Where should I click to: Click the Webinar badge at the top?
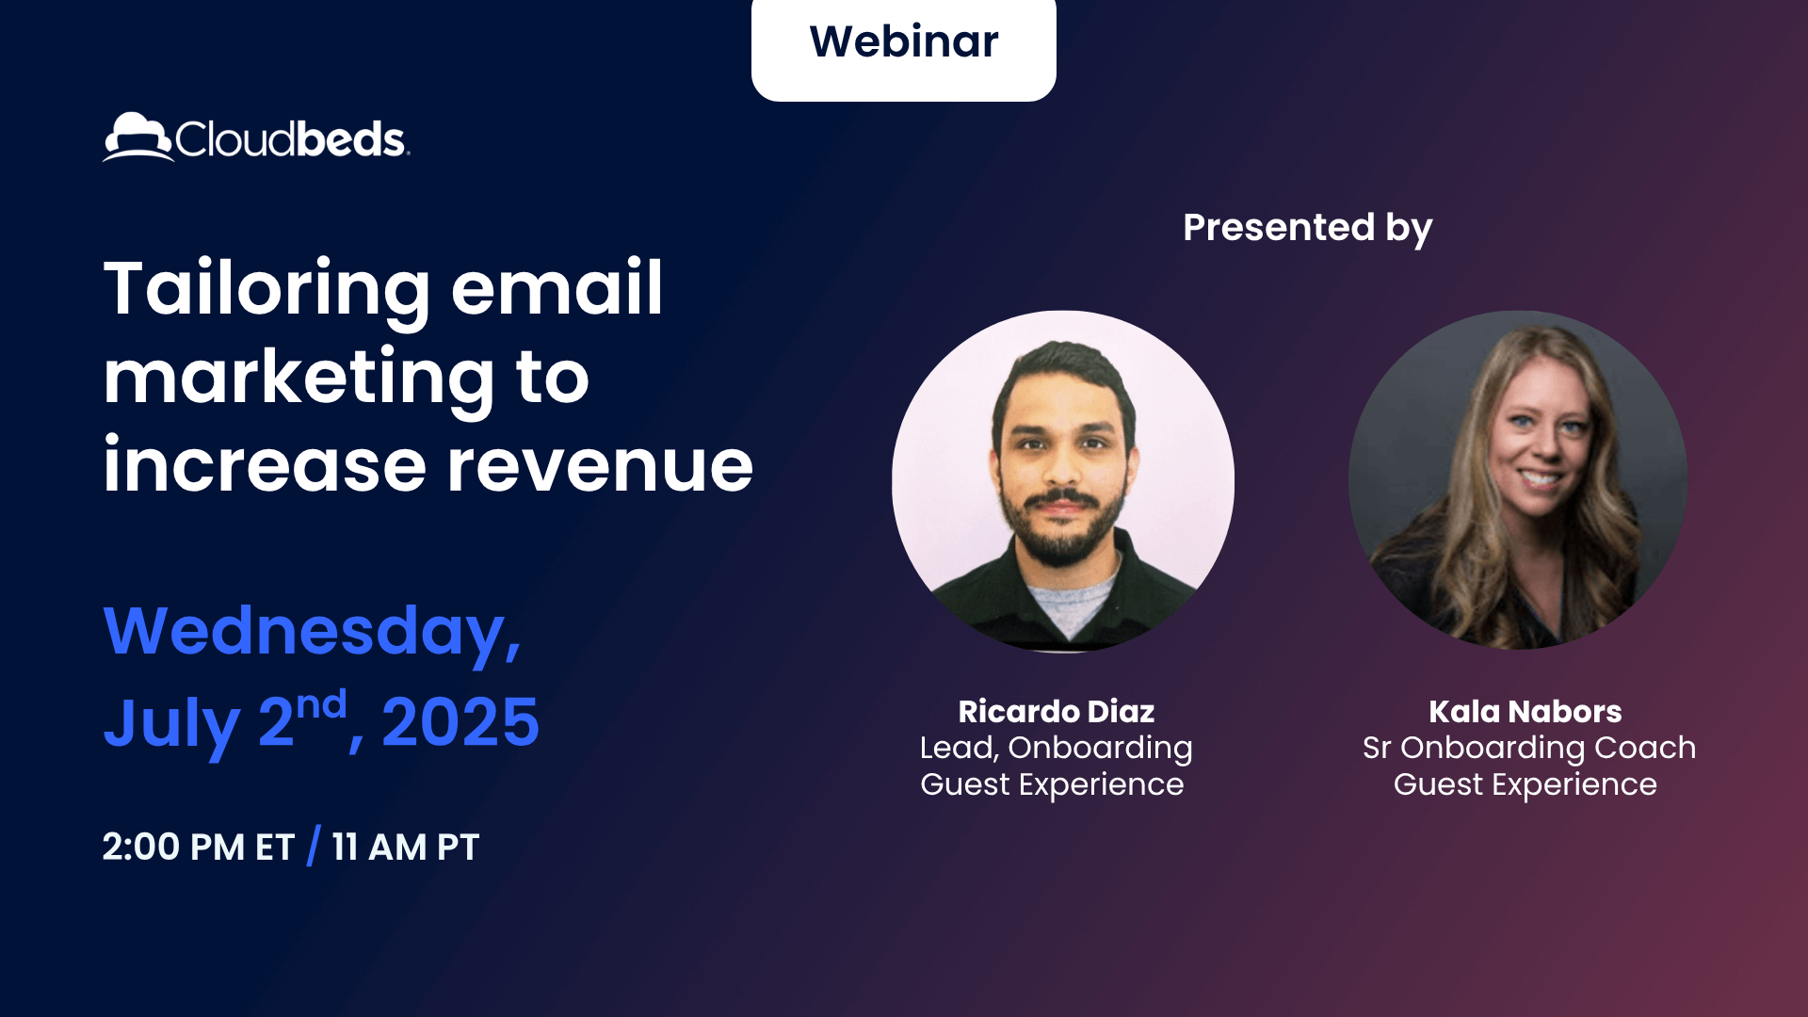click(x=903, y=43)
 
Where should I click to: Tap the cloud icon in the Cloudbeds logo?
click(x=137, y=137)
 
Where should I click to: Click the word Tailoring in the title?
click(x=266, y=289)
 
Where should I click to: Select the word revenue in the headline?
click(x=600, y=466)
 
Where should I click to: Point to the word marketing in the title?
click(x=298, y=378)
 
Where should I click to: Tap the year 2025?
click(x=460, y=723)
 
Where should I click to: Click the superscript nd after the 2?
click(x=321, y=704)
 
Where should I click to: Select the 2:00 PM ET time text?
click(x=198, y=847)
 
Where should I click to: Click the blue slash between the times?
click(x=314, y=846)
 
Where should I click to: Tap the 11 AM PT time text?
click(x=405, y=847)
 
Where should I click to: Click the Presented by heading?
click(x=1307, y=228)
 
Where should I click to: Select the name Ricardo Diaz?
click(x=1056, y=712)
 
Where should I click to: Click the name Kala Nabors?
click(x=1525, y=712)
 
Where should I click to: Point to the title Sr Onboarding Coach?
click(x=1528, y=748)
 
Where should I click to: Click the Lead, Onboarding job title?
click(x=1056, y=748)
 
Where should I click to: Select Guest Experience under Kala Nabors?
click(x=1525, y=784)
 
